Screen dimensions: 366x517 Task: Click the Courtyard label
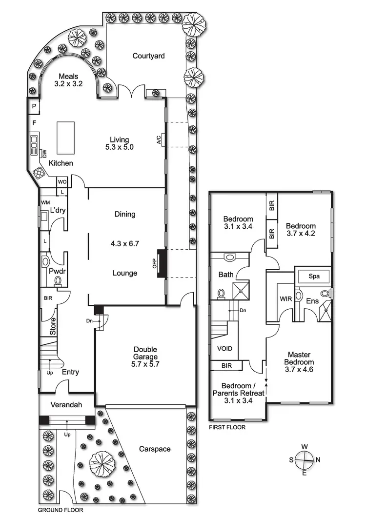[x=148, y=56]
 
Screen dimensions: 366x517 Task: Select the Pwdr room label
[x=55, y=270]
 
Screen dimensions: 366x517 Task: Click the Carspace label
[x=155, y=449]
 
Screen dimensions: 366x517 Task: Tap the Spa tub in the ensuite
[x=314, y=276]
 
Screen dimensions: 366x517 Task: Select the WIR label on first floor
[x=285, y=299]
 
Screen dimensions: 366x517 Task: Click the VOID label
[x=224, y=349]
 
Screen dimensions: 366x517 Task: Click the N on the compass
[x=317, y=459]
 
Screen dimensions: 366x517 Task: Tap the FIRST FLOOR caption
[x=227, y=427]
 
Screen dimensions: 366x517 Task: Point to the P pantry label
[x=34, y=106]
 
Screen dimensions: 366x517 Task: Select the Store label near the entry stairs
[x=53, y=327]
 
